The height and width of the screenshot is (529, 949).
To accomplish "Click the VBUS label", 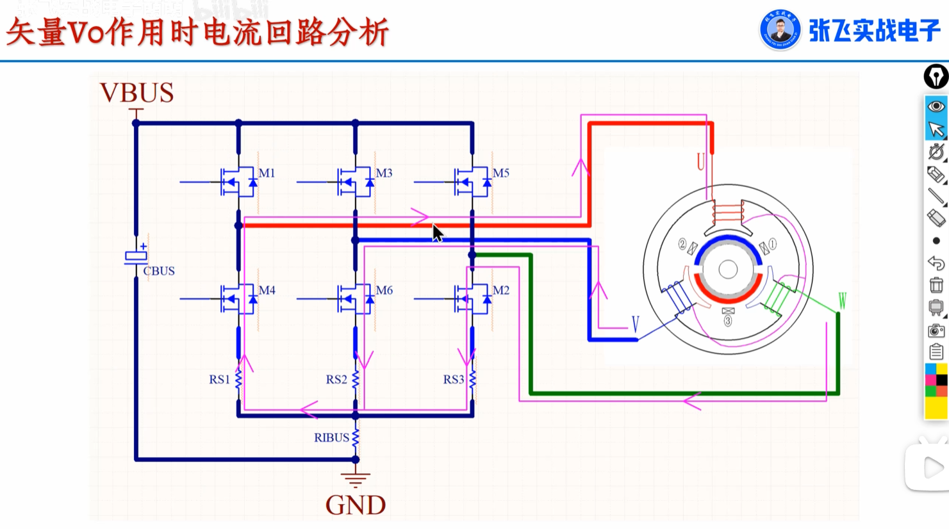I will pyautogui.click(x=136, y=93).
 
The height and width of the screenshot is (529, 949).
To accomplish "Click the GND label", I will pyautogui.click(x=356, y=505).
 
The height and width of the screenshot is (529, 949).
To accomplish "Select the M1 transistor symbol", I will pyautogui.click(x=238, y=182).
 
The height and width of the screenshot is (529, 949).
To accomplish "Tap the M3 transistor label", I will pyautogui.click(x=384, y=173).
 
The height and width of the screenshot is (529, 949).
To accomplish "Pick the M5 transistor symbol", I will pyautogui.click(x=472, y=182).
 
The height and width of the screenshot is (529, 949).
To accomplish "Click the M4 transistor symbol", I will pyautogui.click(x=238, y=299).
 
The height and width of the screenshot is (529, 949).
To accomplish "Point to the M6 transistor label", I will pyautogui.click(x=384, y=290).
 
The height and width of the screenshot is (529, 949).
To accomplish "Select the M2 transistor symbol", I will pyautogui.click(x=472, y=299).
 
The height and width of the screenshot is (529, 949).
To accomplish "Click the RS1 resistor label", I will pyautogui.click(x=219, y=379).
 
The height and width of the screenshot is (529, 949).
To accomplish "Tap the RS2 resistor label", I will pyautogui.click(x=336, y=379).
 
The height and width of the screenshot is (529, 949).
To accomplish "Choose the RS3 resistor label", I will pyautogui.click(x=453, y=379).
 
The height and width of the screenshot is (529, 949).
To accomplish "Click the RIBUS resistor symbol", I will pyautogui.click(x=356, y=437).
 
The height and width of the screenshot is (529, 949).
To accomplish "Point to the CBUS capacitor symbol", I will pyautogui.click(x=136, y=256).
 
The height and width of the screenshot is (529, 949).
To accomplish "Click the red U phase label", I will pyautogui.click(x=700, y=161).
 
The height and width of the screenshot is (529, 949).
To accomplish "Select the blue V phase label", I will pyautogui.click(x=635, y=324).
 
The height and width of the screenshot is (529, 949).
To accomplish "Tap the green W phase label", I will pyautogui.click(x=842, y=300).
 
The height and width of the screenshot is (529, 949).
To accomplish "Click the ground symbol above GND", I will pyautogui.click(x=356, y=479).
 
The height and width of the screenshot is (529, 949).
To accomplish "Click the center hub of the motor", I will pyautogui.click(x=728, y=269).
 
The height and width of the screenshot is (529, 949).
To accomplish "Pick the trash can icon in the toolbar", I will pyautogui.click(x=936, y=285).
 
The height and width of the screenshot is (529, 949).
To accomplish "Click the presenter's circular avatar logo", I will pyautogui.click(x=780, y=29).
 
